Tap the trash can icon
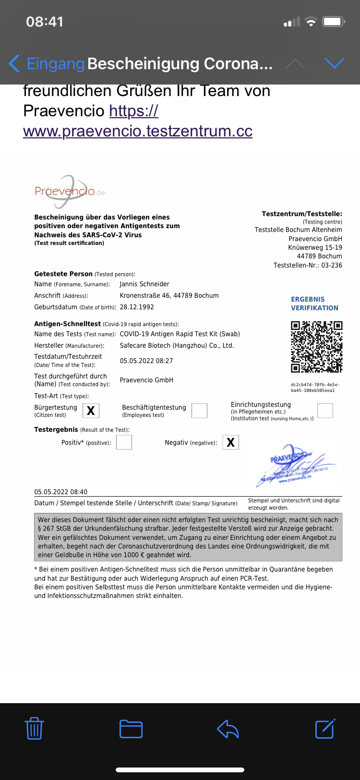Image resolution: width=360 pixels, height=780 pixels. pyautogui.click(x=34, y=728)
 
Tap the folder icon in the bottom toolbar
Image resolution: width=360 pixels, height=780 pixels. pyautogui.click(x=131, y=729)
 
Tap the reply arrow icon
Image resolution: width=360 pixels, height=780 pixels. pyautogui.click(x=228, y=729)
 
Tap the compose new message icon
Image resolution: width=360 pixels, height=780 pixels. pyautogui.click(x=325, y=728)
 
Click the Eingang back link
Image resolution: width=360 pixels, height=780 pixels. pyautogui.click(x=47, y=63)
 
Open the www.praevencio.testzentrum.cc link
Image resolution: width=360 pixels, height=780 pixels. pyautogui.click(x=138, y=131)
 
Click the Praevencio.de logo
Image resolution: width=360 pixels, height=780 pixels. pyautogui.click(x=70, y=191)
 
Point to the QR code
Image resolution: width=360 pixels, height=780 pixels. pyautogui.click(x=316, y=347)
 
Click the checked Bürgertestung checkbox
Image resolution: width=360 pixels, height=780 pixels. pyautogui.click(x=91, y=411)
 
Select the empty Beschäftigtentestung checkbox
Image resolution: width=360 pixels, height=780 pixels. pyautogui.click(x=199, y=411)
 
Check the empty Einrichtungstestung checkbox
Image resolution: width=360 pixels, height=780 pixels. pyautogui.click(x=325, y=411)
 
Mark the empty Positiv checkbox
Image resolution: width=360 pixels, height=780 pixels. pyautogui.click(x=124, y=442)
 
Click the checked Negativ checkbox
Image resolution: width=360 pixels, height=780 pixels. pyautogui.click(x=230, y=442)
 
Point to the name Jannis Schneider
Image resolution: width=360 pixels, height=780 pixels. pyautogui.click(x=144, y=284)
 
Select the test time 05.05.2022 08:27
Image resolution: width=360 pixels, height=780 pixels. pyautogui.click(x=146, y=361)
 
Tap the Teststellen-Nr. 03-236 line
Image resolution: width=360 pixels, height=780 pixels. pyautogui.click(x=308, y=265)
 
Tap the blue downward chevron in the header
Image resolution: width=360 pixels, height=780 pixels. pyautogui.click(x=335, y=63)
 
